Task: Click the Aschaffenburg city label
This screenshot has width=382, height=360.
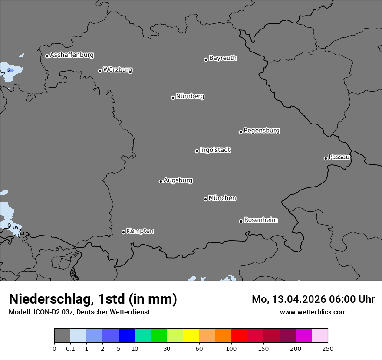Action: click(x=72, y=55)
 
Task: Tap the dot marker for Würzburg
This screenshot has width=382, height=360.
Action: click(x=100, y=71)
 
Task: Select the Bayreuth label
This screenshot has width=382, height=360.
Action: click(x=223, y=58)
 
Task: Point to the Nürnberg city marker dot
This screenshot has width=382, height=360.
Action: click(x=173, y=98)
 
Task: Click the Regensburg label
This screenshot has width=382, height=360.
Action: click(x=261, y=131)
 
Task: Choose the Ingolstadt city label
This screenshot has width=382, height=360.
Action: click(x=215, y=150)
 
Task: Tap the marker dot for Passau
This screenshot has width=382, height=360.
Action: click(x=326, y=158)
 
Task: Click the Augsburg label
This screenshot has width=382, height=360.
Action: click(x=178, y=180)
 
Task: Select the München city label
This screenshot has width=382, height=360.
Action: click(x=222, y=198)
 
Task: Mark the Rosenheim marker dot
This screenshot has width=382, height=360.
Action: click(x=241, y=222)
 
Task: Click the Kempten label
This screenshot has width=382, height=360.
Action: click(x=140, y=231)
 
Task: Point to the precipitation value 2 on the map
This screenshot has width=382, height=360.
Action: click(x=9, y=70)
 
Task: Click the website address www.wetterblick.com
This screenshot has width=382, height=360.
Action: click(x=313, y=312)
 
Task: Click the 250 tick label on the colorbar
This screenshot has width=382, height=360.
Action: click(x=328, y=348)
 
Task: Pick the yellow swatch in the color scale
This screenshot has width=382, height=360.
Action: click(x=191, y=336)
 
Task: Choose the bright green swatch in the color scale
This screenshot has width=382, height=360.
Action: click(x=159, y=336)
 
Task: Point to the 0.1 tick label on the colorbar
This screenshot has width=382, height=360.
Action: click(x=70, y=348)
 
